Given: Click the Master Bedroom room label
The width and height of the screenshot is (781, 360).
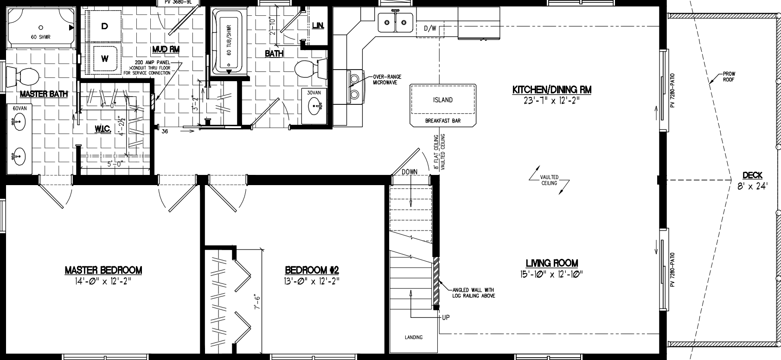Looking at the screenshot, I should (x=103, y=270).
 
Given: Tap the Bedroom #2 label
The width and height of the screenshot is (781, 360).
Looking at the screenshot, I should (x=312, y=270).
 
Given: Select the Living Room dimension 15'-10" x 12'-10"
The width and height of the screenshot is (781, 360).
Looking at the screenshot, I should (x=551, y=274).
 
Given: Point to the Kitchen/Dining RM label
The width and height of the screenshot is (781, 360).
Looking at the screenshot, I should (x=551, y=90).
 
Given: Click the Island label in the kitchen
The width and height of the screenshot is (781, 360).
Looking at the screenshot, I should (x=442, y=100).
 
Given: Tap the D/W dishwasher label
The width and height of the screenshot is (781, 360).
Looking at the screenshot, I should (x=430, y=29).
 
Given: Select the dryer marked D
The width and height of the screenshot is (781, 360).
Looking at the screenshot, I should (x=105, y=26).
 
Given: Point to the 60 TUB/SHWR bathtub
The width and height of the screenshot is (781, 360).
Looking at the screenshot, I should (x=228, y=42).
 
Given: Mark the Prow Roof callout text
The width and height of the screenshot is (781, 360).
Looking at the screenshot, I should (x=729, y=77).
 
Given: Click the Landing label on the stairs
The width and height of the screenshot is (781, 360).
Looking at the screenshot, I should (x=413, y=337).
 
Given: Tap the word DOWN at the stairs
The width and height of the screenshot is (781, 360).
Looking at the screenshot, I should (x=410, y=172).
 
